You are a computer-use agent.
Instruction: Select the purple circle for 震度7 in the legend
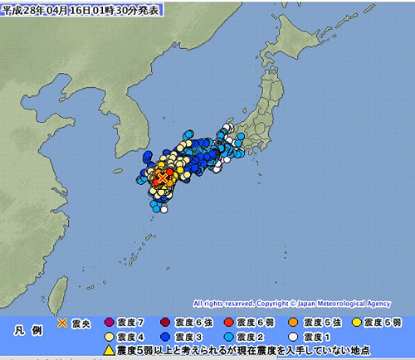point(110,321)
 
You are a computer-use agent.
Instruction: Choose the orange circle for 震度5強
point(292,321)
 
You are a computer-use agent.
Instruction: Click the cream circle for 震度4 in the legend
point(110,336)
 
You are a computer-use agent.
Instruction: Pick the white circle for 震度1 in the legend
point(292,336)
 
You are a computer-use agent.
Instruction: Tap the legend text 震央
point(81,321)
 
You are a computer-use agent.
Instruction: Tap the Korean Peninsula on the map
point(116,124)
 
